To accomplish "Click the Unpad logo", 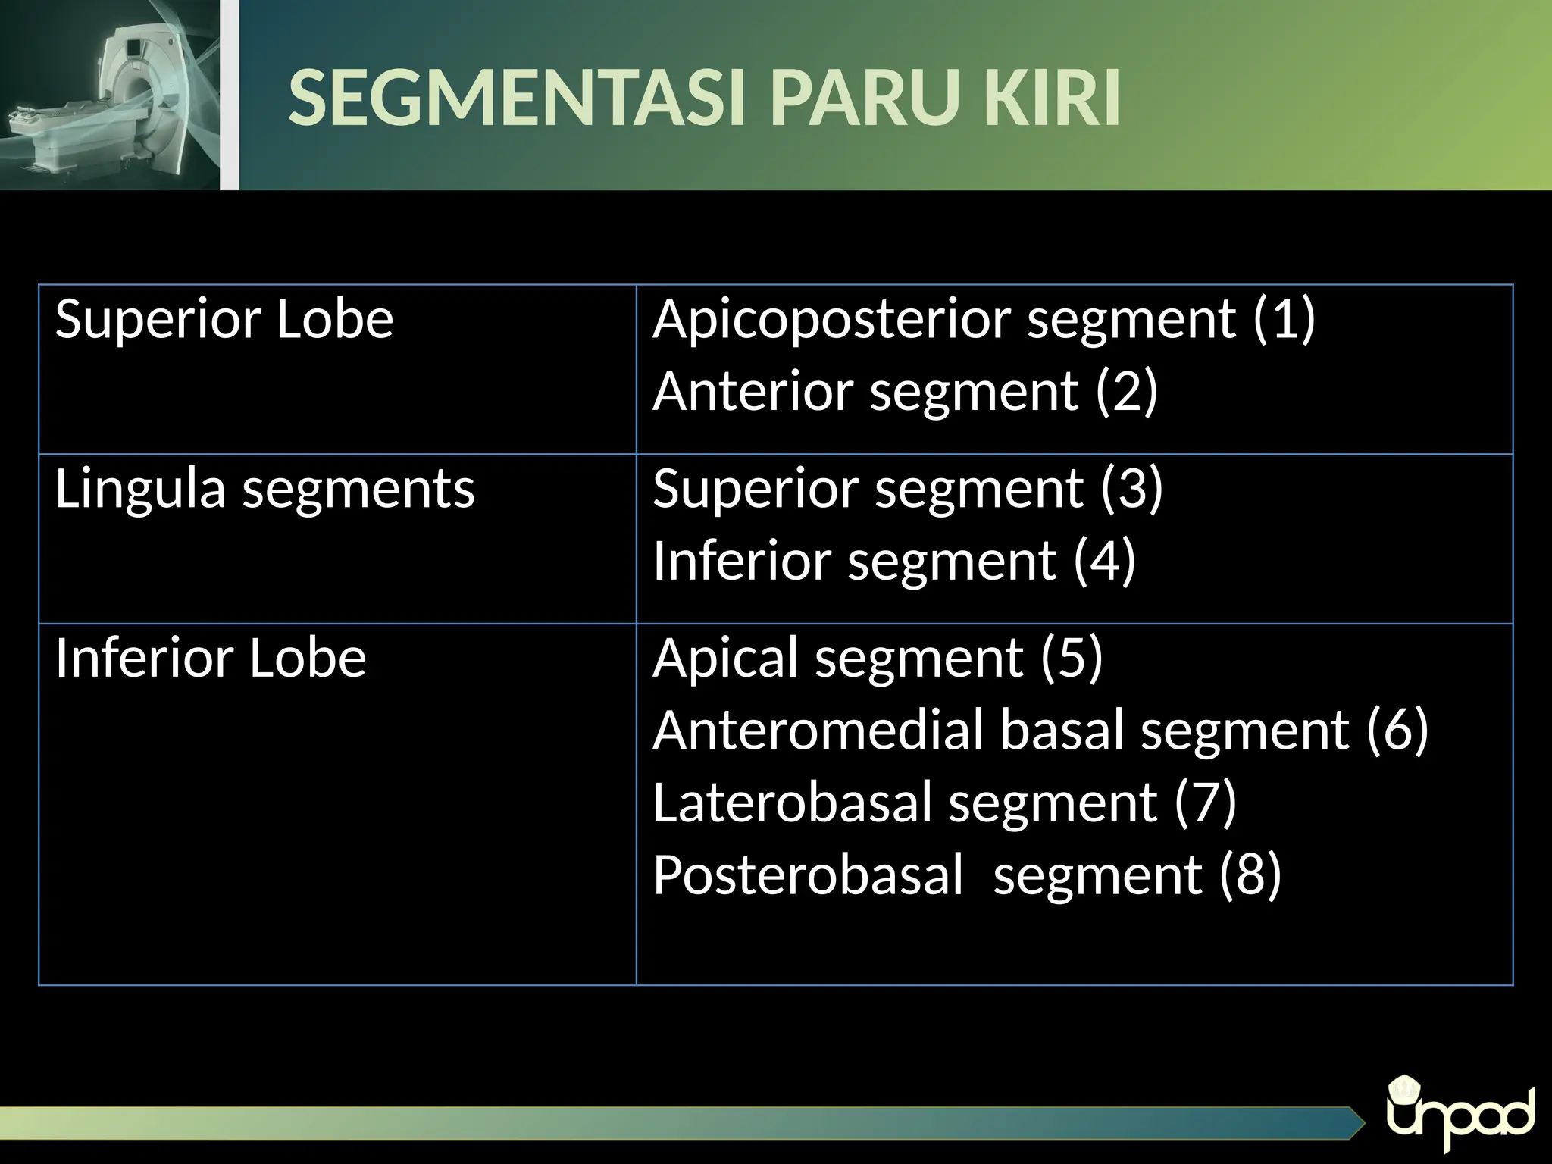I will (1460, 1116).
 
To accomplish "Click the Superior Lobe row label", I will (224, 319).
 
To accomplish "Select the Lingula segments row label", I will (264, 490).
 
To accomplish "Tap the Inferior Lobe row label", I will (211, 658).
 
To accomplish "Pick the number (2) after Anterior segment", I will (1127, 391).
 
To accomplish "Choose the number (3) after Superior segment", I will (1131, 488).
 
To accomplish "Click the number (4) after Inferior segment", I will (1105, 561).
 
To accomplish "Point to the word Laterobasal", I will (792, 802).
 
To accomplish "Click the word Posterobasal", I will (808, 875).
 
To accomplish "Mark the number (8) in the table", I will (1250, 875).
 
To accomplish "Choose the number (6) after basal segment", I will (1397, 731).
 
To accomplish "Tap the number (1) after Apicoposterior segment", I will (1284, 319).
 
